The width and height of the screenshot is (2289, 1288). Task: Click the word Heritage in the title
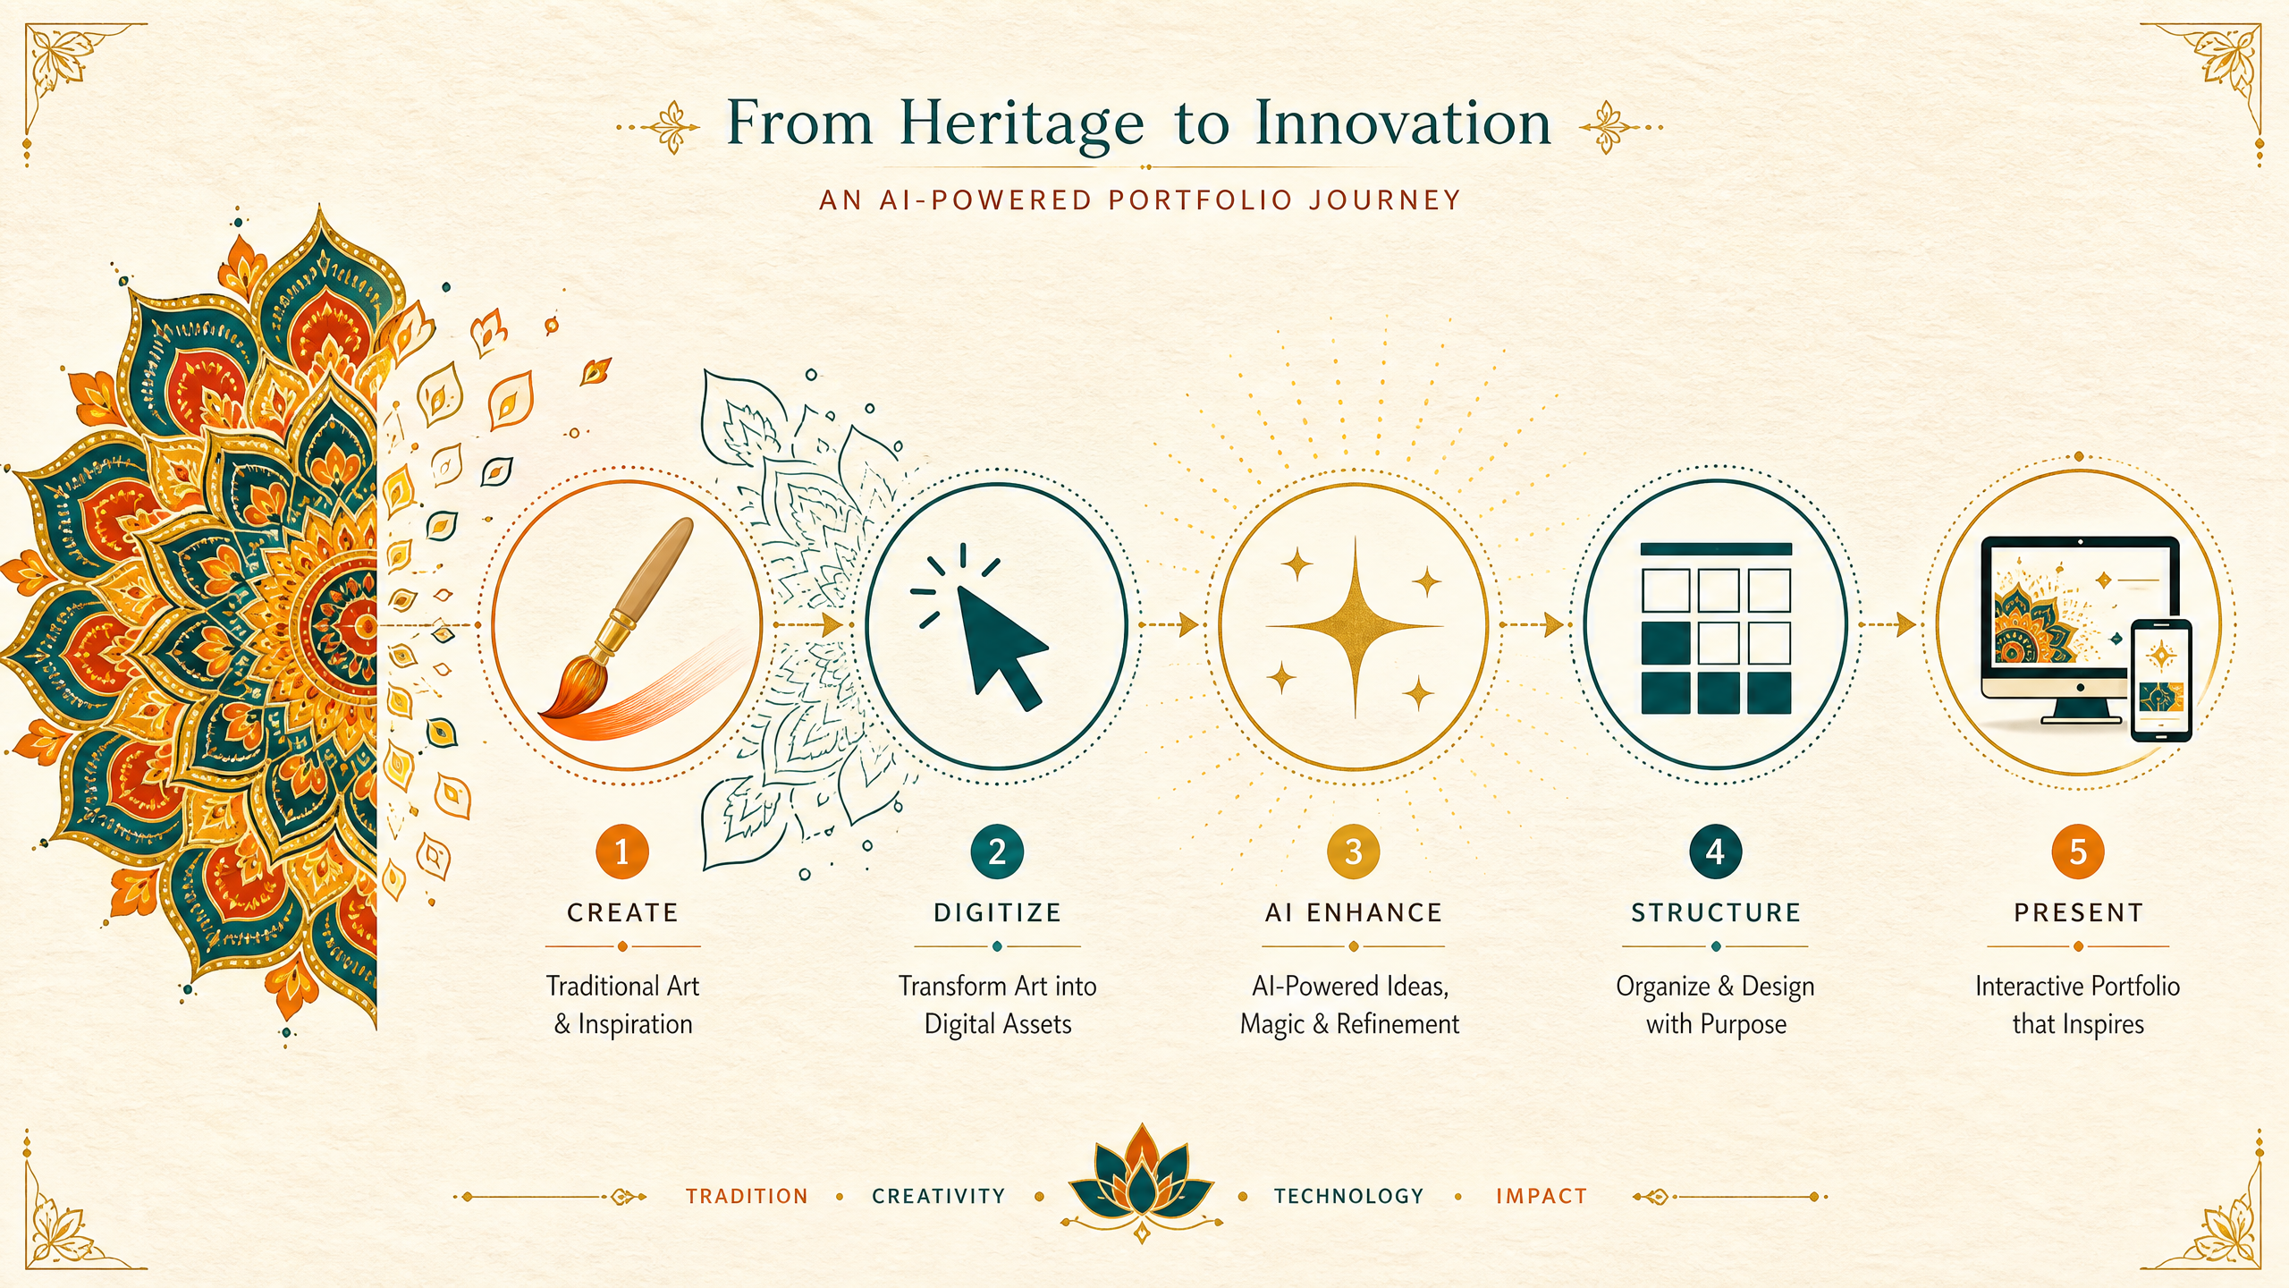[1021, 125]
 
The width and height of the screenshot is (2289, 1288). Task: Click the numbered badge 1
[622, 852]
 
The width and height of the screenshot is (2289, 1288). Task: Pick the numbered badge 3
[1354, 852]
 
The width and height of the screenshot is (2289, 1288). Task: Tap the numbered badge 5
[2078, 852]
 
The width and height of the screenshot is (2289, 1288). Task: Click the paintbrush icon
[617, 617]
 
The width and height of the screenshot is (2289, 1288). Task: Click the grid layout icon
[1716, 628]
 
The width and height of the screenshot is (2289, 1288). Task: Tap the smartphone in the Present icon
[2160, 681]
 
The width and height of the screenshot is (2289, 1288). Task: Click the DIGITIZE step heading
[998, 912]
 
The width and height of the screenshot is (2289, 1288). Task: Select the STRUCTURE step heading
[1716, 912]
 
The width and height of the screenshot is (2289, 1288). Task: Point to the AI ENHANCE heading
[1354, 912]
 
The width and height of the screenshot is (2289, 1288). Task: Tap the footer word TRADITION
[747, 1196]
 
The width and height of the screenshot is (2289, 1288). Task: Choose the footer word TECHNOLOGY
[1348, 1196]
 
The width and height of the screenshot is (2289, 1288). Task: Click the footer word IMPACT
[1541, 1196]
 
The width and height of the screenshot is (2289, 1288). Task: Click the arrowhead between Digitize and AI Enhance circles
[1189, 624]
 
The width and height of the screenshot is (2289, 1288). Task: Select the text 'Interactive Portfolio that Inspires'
[2078, 1004]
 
